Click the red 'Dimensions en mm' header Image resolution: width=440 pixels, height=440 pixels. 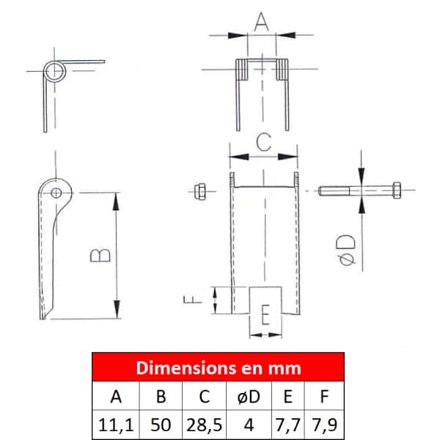[218, 367]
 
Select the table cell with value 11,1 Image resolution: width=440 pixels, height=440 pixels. [116, 425]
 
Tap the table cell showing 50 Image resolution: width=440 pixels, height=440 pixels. [161, 425]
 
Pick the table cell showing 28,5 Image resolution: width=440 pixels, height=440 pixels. [205, 425]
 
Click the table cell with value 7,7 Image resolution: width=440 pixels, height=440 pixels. [288, 425]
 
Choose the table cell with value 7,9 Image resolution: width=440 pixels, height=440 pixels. [324, 425]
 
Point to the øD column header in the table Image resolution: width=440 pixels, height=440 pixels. [249, 396]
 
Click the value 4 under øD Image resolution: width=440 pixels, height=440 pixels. [249, 425]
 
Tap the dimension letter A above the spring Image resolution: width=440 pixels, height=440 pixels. [261, 21]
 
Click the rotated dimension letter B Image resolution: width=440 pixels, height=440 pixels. [100, 254]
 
